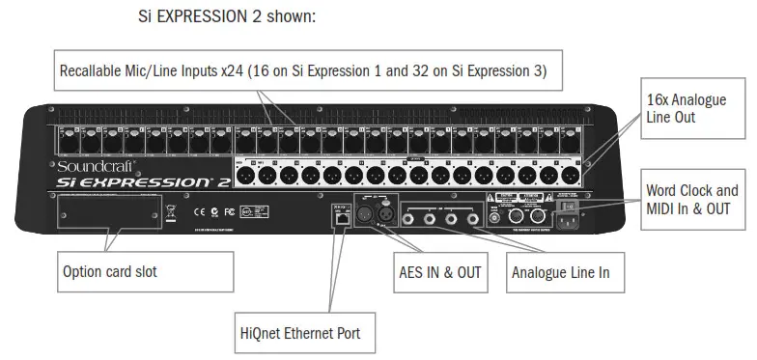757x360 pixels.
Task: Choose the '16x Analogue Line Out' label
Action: pos(686,108)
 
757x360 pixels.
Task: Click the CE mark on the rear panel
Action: pos(199,210)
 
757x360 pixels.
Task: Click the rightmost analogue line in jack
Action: pos(473,218)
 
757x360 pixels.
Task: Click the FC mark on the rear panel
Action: pos(229,210)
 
